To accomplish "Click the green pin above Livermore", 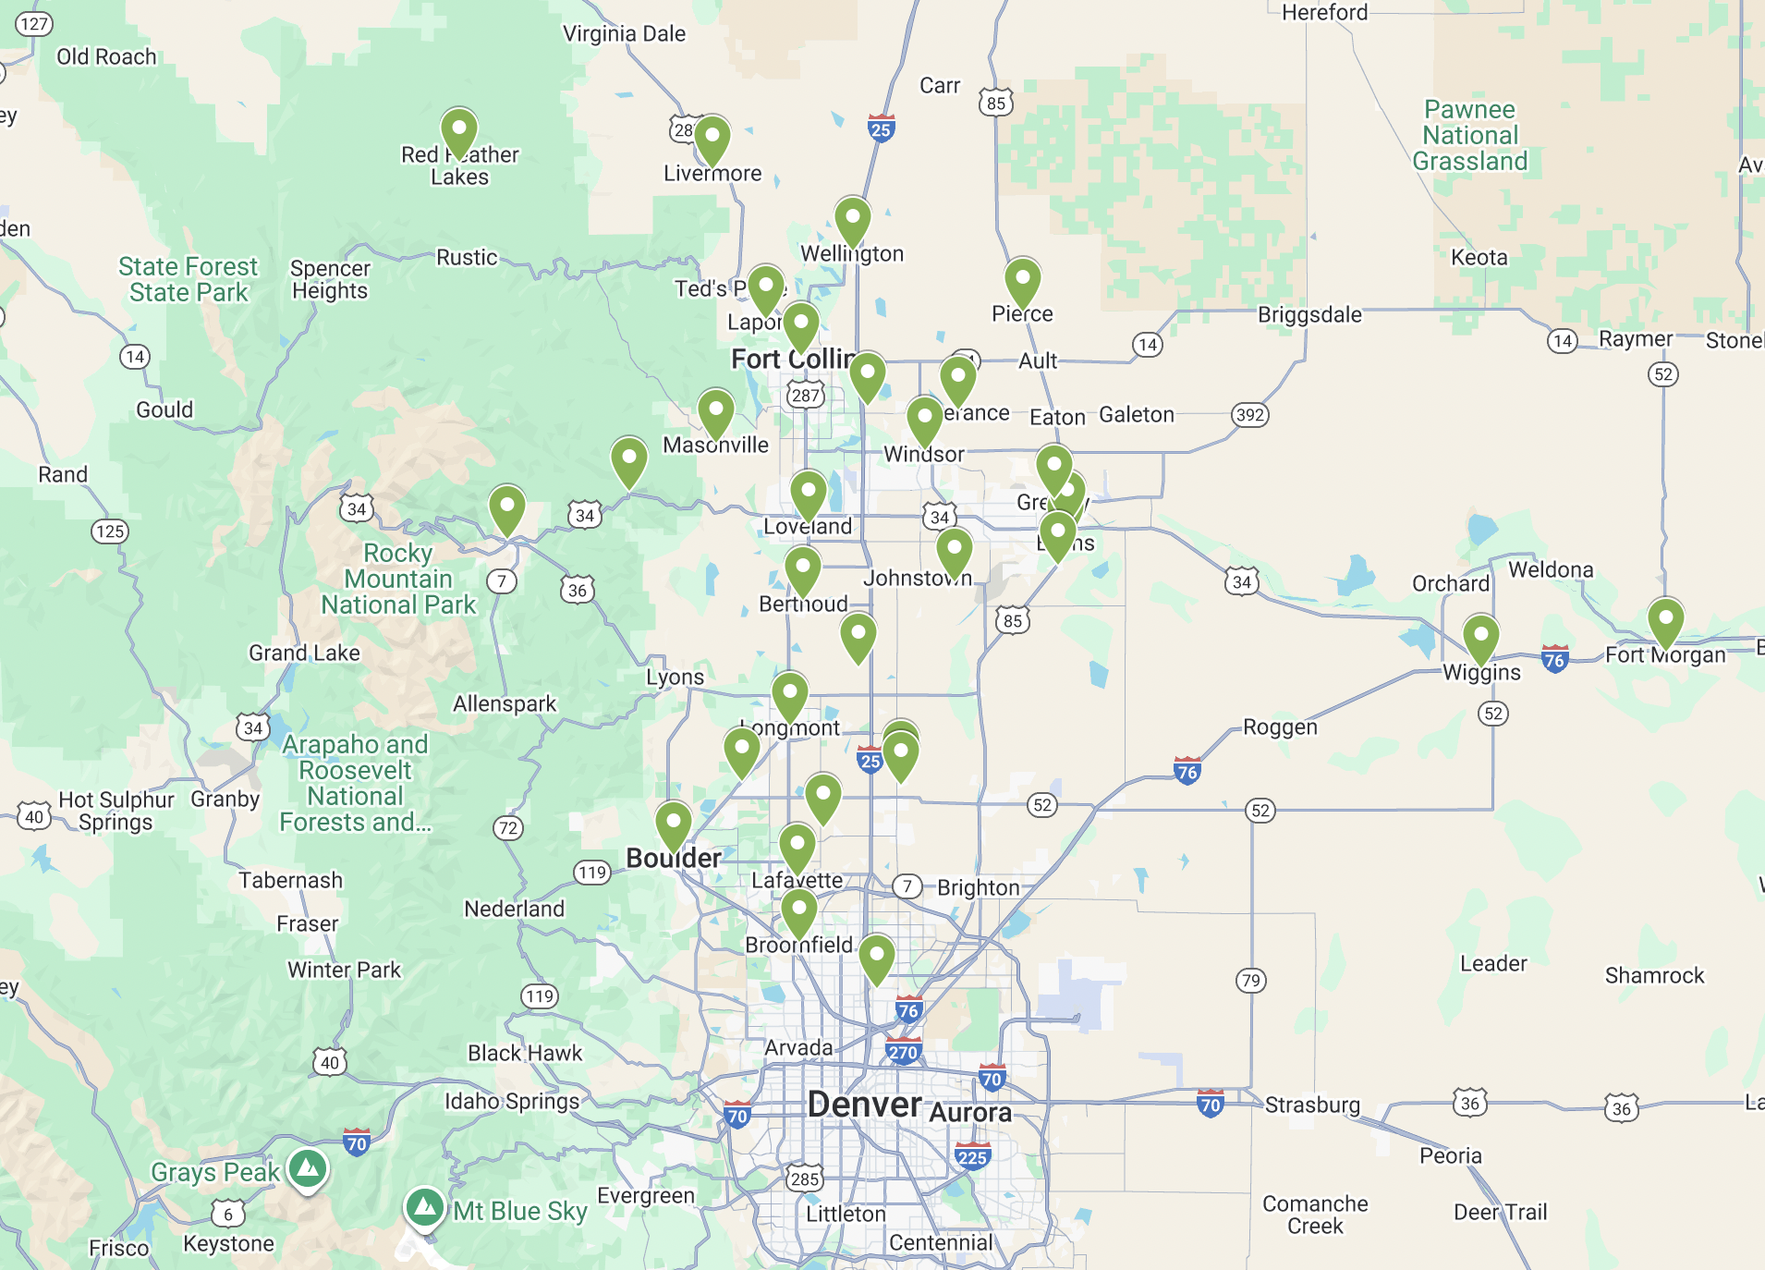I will pyautogui.click(x=712, y=138).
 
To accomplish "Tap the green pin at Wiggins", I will pyautogui.click(x=1480, y=636).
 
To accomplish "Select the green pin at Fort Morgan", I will pyautogui.click(x=1665, y=620).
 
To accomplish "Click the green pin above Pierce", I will pyautogui.click(x=1022, y=279).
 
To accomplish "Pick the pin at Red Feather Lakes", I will pyautogui.click(x=458, y=129).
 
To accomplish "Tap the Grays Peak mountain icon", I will pyautogui.click(x=308, y=1168).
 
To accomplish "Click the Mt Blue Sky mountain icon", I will pyautogui.click(x=425, y=1206).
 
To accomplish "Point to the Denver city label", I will pyautogui.click(x=864, y=1105).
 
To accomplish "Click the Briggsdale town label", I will pyautogui.click(x=1309, y=315).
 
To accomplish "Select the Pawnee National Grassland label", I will pyautogui.click(x=1469, y=135).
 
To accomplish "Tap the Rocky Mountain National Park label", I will pyautogui.click(x=398, y=579).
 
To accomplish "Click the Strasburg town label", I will pyautogui.click(x=1312, y=1105).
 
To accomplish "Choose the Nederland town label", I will pyautogui.click(x=514, y=910).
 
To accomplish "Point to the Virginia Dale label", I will pyautogui.click(x=624, y=34).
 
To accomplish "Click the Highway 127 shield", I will pyautogui.click(x=34, y=24).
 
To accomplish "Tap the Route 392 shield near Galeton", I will pyautogui.click(x=1249, y=415).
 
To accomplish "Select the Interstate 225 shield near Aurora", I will pyautogui.click(x=972, y=1157).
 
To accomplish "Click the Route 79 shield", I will pyautogui.click(x=1250, y=980).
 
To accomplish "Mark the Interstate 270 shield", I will pyautogui.click(x=902, y=1052).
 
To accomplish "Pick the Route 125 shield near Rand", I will pyautogui.click(x=110, y=531).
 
